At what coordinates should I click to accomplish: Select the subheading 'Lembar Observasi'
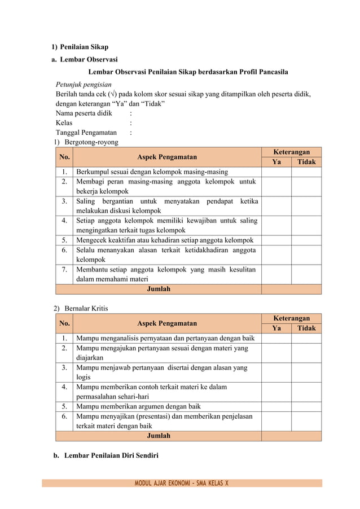89,59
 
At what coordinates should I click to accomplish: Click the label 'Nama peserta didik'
84,113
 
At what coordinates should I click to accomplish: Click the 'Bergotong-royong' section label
91,142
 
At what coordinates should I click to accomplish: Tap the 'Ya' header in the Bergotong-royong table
276,162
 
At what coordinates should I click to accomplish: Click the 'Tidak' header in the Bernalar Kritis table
306,328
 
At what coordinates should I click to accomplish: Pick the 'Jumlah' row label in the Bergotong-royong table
159,289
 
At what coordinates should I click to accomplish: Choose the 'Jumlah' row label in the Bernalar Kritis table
159,436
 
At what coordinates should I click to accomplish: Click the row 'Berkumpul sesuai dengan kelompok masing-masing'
152,172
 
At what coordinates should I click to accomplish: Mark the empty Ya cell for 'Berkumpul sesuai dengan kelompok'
276,172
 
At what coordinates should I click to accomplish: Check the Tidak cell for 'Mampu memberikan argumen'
306,406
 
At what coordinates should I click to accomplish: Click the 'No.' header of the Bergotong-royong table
64,157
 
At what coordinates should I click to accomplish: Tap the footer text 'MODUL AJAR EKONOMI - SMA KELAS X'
181,483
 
